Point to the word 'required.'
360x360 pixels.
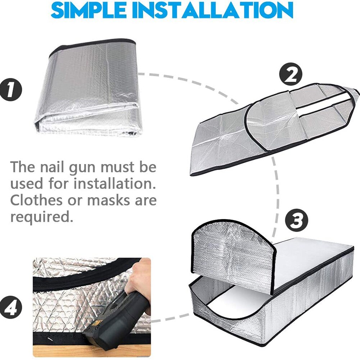click(x=40, y=217)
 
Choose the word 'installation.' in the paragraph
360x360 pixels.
click(x=115, y=184)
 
